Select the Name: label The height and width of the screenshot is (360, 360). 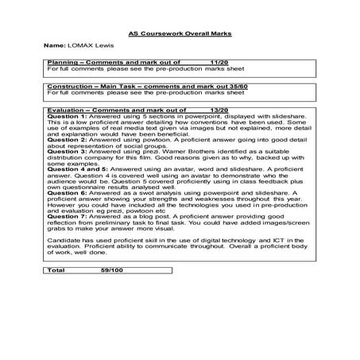click(55, 46)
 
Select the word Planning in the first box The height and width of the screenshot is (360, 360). click(61, 61)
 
